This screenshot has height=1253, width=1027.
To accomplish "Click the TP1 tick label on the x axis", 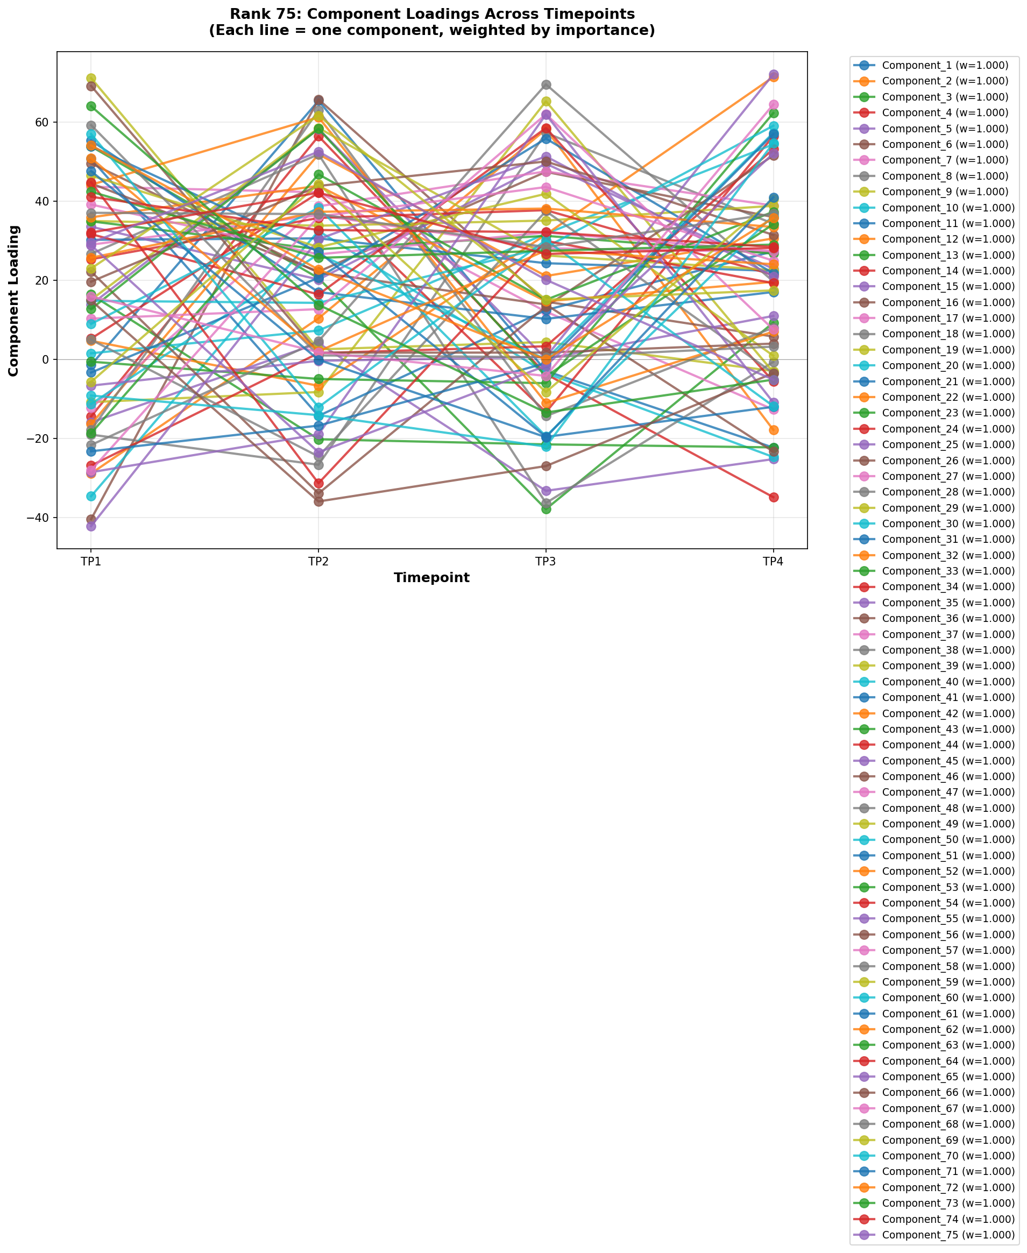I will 91,562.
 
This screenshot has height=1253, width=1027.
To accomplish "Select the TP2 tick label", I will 318,562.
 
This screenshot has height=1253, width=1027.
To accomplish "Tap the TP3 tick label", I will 546,562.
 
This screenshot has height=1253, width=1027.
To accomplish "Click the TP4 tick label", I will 773,562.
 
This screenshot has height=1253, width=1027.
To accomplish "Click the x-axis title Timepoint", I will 432,578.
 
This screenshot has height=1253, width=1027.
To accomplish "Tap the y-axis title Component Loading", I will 13,301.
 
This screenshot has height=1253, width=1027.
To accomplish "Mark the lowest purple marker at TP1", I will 91,526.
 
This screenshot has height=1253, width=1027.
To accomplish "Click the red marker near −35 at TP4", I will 773,497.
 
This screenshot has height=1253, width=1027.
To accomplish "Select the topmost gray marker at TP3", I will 546,84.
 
